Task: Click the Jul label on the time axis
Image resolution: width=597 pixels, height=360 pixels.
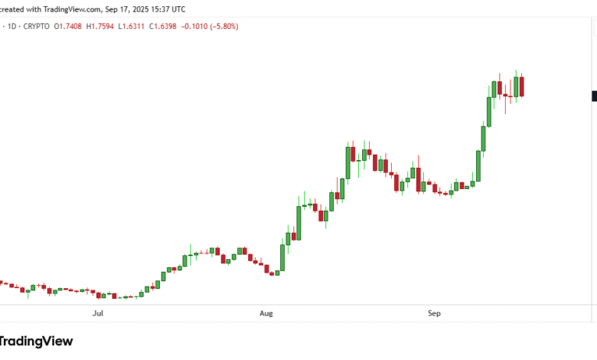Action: (97, 313)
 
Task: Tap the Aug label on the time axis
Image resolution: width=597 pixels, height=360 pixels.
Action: (266, 313)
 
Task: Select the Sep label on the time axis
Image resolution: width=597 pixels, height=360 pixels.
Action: (434, 313)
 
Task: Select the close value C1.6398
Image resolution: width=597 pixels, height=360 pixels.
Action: (163, 26)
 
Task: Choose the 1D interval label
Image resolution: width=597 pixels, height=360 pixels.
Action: (12, 26)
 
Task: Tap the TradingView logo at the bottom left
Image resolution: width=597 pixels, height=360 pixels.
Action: (36, 341)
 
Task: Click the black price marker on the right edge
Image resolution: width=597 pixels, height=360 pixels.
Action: (594, 96)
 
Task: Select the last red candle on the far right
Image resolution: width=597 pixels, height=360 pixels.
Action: (522, 86)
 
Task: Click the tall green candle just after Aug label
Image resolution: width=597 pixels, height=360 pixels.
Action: (282, 257)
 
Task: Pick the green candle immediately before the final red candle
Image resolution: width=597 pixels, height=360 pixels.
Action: (517, 86)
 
